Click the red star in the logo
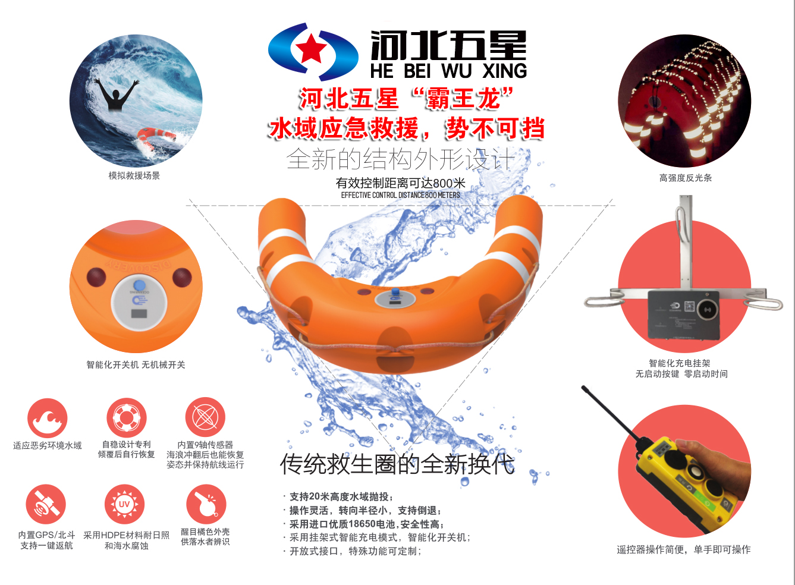click(311, 49)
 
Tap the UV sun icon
click(124, 504)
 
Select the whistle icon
click(206, 504)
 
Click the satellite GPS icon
click(46, 504)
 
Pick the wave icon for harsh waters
click(47, 418)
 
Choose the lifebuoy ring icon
click(126, 417)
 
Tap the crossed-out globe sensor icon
click(205, 417)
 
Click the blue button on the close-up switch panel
click(139, 285)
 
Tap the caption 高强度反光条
click(686, 178)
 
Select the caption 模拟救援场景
click(134, 175)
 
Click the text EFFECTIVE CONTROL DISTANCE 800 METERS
click(400, 195)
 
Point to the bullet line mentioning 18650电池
click(364, 524)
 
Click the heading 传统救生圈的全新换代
click(397, 464)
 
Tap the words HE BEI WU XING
click(448, 71)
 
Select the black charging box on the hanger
click(683, 314)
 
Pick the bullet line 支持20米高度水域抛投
click(338, 496)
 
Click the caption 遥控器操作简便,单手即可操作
click(684, 549)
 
